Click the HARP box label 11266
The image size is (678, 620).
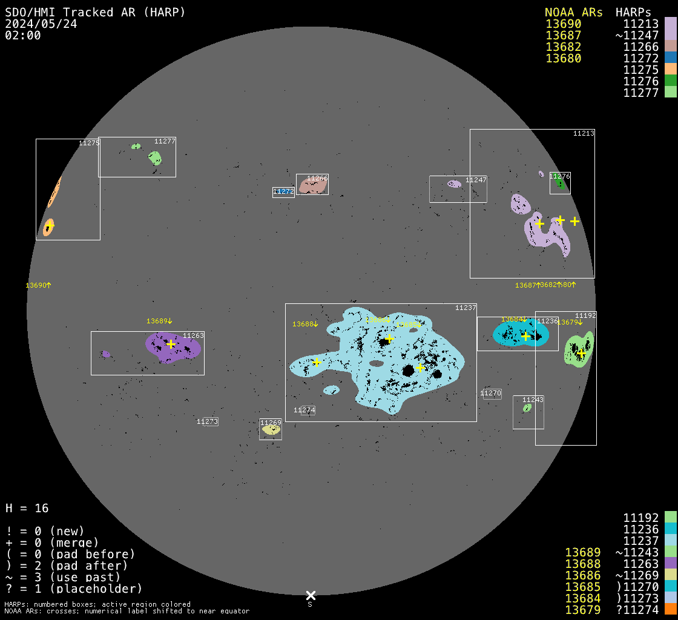coord(317,179)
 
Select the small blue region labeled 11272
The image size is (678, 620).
coord(283,191)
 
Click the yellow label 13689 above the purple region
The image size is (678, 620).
coord(159,321)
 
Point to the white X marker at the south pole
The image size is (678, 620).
coord(311,595)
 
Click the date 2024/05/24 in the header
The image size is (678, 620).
coord(41,24)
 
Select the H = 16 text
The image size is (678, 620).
coord(27,508)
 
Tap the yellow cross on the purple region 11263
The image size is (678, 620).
coord(171,344)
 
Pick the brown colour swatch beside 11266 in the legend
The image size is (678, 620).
coord(670,46)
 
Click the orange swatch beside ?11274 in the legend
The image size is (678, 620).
coord(670,610)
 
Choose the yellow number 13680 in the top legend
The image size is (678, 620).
coord(563,58)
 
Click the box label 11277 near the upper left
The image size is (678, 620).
coord(165,141)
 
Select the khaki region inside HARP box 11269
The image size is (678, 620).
coord(271,430)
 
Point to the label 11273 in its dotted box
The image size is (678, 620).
coord(207,421)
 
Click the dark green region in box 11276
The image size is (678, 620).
coord(561,184)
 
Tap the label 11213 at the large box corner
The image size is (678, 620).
coord(584,133)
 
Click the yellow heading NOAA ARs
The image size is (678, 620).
coord(573,12)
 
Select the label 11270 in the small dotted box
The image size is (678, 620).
coord(491,394)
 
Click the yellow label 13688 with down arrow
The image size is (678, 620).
coord(305,324)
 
